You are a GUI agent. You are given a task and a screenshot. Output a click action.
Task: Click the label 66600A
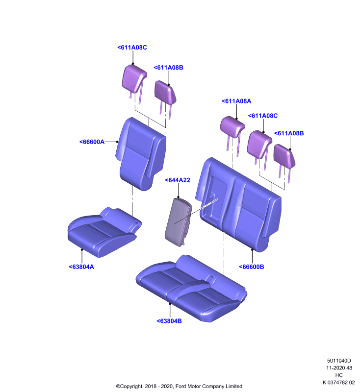(x=92, y=142)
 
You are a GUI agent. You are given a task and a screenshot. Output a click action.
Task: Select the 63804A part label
(x=81, y=267)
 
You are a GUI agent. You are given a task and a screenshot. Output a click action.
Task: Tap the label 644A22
(x=178, y=180)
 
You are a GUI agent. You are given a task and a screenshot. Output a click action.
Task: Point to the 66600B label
(x=252, y=267)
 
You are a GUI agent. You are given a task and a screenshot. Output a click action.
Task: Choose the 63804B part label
(x=169, y=321)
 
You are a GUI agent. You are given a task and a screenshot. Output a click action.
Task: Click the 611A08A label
(x=236, y=101)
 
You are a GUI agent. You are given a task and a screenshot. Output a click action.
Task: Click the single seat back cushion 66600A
(x=141, y=154)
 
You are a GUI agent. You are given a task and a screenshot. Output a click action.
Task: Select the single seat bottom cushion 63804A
(x=104, y=232)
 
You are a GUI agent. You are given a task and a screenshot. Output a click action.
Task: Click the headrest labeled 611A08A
(x=232, y=130)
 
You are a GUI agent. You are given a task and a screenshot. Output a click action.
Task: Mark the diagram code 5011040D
(x=339, y=361)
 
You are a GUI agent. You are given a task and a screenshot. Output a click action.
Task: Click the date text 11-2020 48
(x=339, y=368)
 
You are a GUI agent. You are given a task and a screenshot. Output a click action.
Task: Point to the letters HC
(x=339, y=375)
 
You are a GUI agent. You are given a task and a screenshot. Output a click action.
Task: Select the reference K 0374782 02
(x=339, y=382)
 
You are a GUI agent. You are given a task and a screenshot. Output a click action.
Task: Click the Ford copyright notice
(x=179, y=386)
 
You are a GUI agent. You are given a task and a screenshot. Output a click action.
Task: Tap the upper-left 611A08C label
(x=132, y=47)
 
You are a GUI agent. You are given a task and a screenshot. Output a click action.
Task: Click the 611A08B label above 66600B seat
(x=289, y=133)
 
